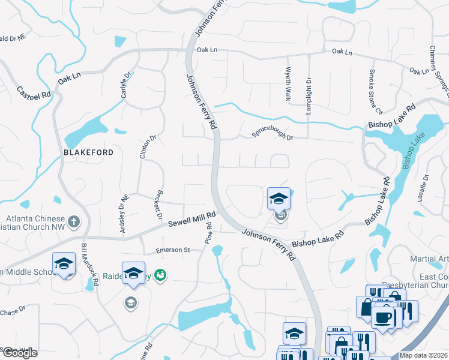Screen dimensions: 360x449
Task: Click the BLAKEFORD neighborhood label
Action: pyautogui.click(x=88, y=152)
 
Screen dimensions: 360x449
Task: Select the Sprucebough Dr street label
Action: pyautogui.click(x=272, y=133)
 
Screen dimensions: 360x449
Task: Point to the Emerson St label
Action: pyautogui.click(x=173, y=250)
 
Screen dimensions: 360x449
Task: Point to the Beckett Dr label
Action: pyautogui.click(x=160, y=206)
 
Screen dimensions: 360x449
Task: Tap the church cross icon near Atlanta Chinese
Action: pyautogui.click(x=73, y=222)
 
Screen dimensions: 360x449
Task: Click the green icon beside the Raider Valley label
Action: pyautogui.click(x=160, y=275)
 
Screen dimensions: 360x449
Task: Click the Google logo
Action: pyautogui.click(x=20, y=353)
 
